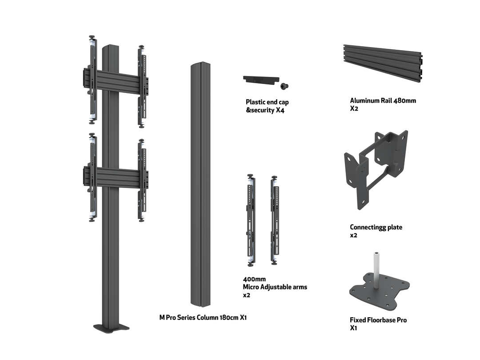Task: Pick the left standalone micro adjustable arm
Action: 251,220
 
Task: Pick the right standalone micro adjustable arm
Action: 274,220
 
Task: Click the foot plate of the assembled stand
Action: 111,328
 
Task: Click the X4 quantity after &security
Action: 279,110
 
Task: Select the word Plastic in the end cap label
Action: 255,102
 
